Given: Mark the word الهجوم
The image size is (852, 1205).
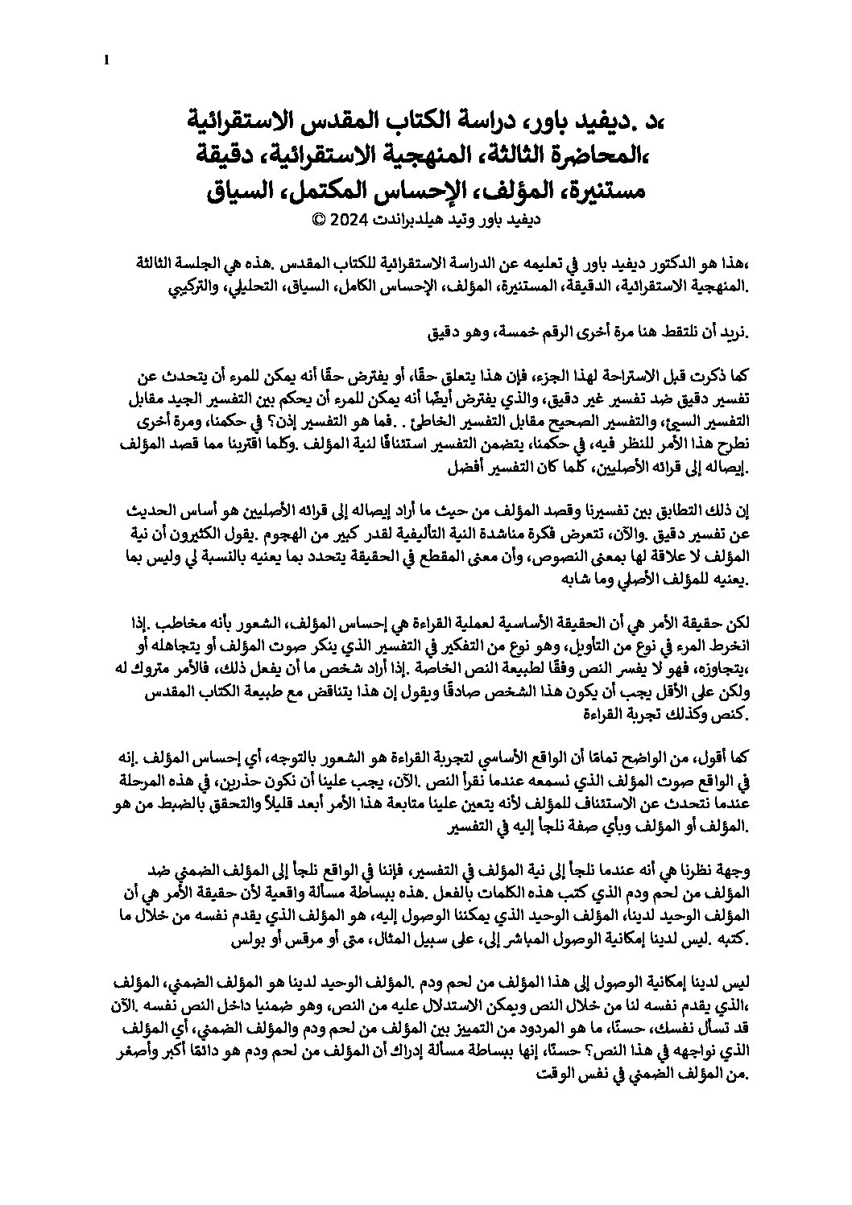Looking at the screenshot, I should click(293, 533).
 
